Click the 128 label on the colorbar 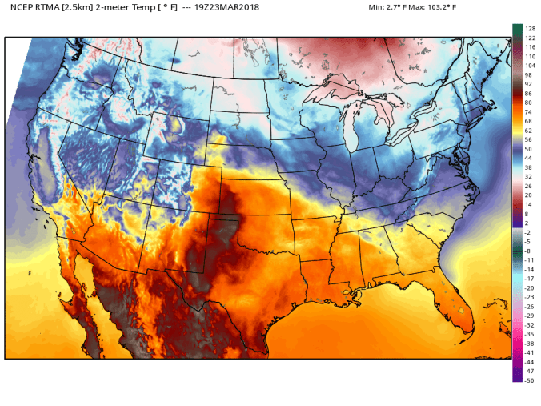[x=529, y=29]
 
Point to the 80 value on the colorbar [x=528, y=103]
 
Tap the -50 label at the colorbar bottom [x=529, y=380]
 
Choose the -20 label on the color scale [x=529, y=287]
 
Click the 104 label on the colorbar [x=530, y=66]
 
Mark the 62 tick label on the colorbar [x=528, y=131]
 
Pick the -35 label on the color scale [x=529, y=334]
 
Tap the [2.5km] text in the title [x=82, y=7]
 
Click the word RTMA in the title [x=51, y=7]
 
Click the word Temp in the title [x=149, y=7]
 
